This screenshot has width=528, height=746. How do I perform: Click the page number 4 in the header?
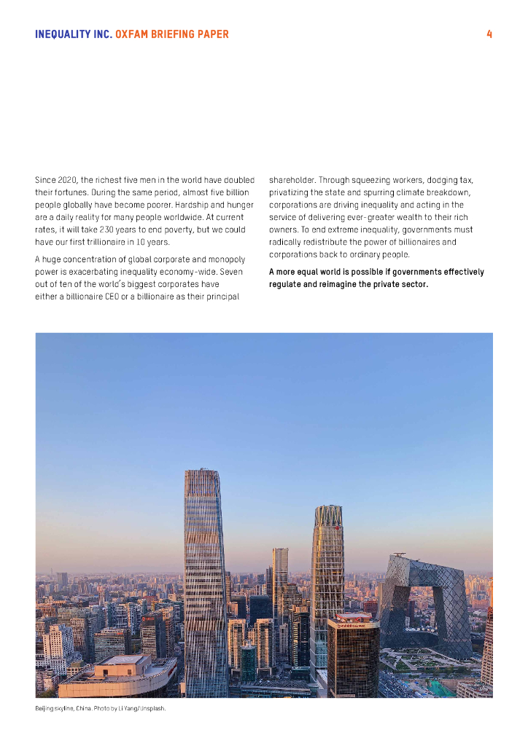click(x=489, y=34)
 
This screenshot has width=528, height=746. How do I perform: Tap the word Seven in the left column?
click(x=230, y=272)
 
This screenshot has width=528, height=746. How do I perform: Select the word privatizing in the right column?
click(x=289, y=192)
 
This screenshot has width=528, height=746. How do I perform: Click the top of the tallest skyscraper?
click(x=202, y=474)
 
